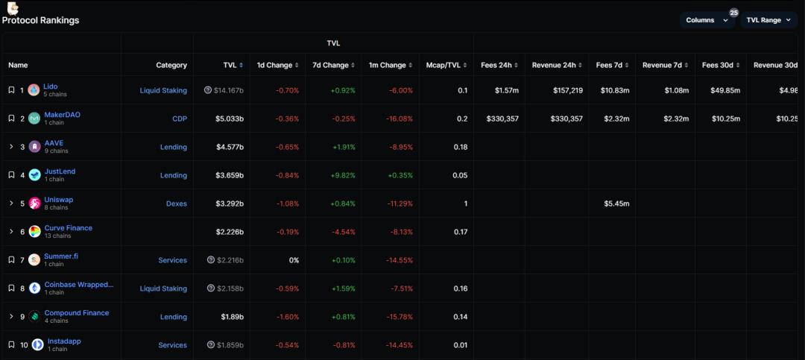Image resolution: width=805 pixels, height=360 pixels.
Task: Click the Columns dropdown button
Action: click(x=707, y=20)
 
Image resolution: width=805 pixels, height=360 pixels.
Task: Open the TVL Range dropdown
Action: click(x=768, y=20)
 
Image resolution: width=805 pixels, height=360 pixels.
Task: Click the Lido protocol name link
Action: click(x=51, y=86)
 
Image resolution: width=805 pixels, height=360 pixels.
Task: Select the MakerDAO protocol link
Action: click(x=62, y=115)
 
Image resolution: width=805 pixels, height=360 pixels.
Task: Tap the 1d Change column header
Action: click(x=274, y=66)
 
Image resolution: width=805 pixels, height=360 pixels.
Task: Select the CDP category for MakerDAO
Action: click(x=180, y=119)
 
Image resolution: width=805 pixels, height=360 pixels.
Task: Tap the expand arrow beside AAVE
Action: click(x=11, y=148)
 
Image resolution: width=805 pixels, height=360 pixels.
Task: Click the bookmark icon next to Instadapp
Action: click(x=11, y=345)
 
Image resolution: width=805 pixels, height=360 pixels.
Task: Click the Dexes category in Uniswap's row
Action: click(x=177, y=204)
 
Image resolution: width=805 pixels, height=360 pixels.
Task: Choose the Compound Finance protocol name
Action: click(x=77, y=313)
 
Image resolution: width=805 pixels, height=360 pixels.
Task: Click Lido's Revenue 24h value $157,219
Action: click(x=563, y=91)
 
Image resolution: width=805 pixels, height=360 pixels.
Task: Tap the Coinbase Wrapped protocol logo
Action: click(x=34, y=288)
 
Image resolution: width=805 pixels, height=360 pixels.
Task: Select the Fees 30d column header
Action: click(x=720, y=66)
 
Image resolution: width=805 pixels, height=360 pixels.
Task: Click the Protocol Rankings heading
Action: click(x=41, y=20)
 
